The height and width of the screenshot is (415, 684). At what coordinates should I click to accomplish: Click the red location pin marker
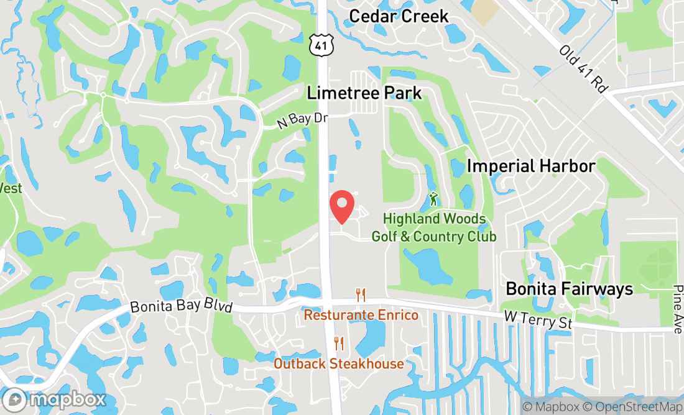coord(341,206)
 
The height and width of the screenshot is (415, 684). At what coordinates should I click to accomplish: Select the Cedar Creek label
coord(399,16)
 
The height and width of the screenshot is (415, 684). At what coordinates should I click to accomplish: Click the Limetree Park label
coord(364,93)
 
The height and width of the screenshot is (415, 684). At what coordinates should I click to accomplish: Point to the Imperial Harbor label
coord(531,166)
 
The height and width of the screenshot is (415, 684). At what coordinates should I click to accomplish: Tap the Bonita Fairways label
coord(569,289)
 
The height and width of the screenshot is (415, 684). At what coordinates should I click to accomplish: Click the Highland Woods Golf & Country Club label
coord(434,227)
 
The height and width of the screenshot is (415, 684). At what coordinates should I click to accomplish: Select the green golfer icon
coord(433,199)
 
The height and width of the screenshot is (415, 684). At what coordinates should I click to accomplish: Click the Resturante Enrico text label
coord(361,316)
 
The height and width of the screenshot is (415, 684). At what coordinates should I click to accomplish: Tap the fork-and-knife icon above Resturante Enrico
coord(360,294)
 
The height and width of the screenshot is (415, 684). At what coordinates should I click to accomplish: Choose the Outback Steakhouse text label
coord(338,363)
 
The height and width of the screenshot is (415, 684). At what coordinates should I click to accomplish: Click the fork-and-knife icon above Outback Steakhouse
coord(339,343)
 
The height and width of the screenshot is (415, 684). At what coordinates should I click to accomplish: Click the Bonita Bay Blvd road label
coord(181,308)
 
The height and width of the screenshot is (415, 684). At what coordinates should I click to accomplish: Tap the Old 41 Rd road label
coord(583,69)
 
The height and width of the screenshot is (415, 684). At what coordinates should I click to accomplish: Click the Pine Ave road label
coord(677,309)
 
